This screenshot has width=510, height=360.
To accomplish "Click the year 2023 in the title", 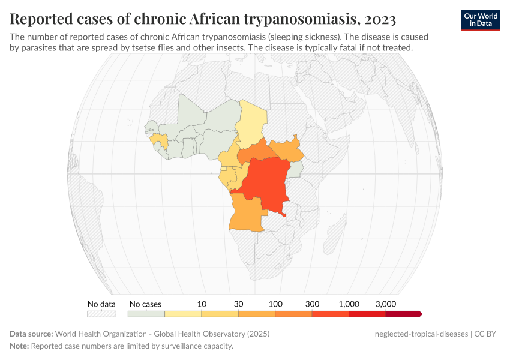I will click(380, 19).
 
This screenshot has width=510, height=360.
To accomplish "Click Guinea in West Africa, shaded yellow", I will click(160, 140).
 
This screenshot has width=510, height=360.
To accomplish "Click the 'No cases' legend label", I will click(145, 304).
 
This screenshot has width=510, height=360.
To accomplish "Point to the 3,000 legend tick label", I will click(385, 304).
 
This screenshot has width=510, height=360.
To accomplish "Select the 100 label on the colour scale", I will click(275, 304).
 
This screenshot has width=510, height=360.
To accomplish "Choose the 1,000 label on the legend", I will click(349, 304).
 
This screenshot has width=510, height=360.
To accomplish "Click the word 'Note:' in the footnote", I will click(19, 346).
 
